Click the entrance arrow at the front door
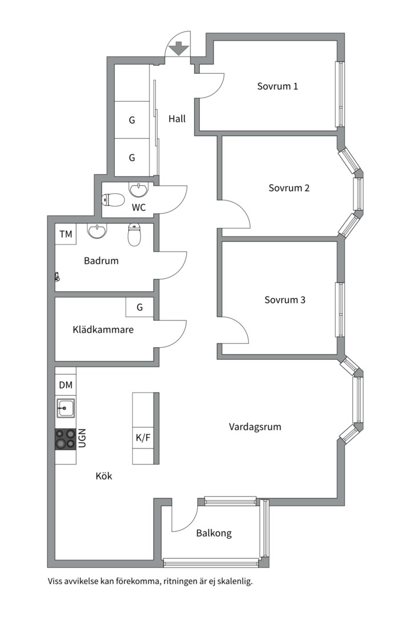coord(179,48)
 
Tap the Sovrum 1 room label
coord(277,87)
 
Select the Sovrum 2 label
coord(289,188)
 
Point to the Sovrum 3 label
coord(285,300)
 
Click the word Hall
coord(177,119)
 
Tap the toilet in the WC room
coord(114,200)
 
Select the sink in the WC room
coord(139,189)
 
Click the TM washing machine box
coord(66,234)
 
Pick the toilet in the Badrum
coord(134,234)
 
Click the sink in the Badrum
coord(98,231)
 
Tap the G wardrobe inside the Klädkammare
coord(139,307)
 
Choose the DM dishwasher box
coord(66,385)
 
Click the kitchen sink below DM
coord(65,408)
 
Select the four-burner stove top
coord(65,439)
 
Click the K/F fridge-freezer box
coord(143,438)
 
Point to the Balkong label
coord(214,534)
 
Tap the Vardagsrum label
coord(255,427)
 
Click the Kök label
coord(104,476)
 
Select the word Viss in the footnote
coord(57,582)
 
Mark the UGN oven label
coord(82,438)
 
